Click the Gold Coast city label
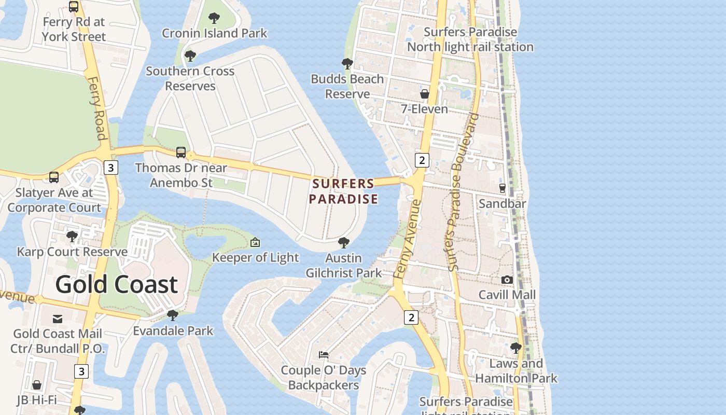(x=116, y=285)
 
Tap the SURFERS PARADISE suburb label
(x=343, y=191)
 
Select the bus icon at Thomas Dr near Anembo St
(x=181, y=153)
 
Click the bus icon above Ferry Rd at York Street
(x=74, y=7)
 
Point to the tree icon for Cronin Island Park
(x=214, y=19)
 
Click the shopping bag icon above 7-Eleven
(x=424, y=94)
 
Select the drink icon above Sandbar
(x=502, y=188)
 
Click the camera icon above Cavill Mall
(x=507, y=280)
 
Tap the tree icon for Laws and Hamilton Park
(x=515, y=348)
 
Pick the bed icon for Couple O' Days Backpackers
(x=324, y=355)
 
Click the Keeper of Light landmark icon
(x=255, y=242)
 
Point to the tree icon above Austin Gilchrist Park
(x=343, y=243)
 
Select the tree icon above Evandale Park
(x=173, y=315)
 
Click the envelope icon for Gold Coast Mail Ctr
(x=58, y=319)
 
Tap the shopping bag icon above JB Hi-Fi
(x=36, y=385)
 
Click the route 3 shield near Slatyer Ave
(x=110, y=168)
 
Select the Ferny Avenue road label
(x=407, y=240)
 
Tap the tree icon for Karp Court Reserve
(x=72, y=237)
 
